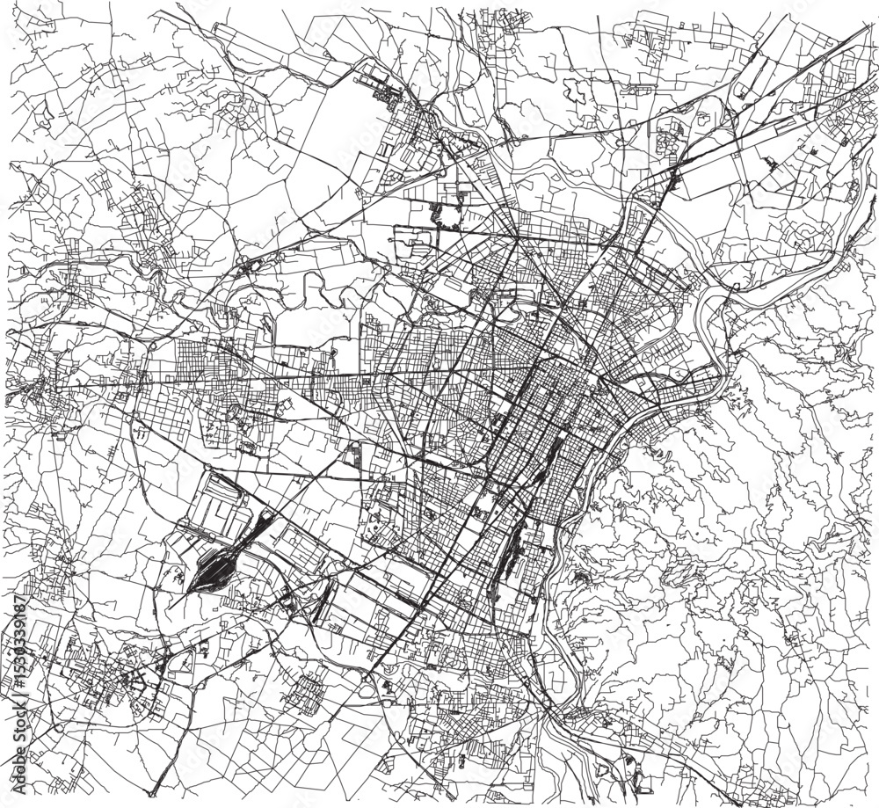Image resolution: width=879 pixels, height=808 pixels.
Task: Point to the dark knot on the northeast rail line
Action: tap(672, 180)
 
